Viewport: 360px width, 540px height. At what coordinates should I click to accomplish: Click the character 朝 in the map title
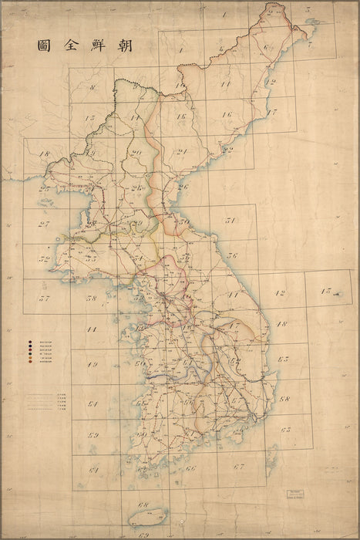point(123,46)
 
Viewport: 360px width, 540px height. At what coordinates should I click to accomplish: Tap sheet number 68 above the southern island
point(142,505)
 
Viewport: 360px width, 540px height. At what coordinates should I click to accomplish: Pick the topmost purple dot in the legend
point(30,341)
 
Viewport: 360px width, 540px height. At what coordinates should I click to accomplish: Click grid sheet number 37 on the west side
point(44,298)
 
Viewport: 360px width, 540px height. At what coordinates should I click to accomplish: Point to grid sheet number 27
point(43,224)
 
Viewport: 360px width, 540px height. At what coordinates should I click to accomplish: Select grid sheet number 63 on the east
point(284,429)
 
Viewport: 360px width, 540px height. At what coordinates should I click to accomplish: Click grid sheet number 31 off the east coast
point(230,221)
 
